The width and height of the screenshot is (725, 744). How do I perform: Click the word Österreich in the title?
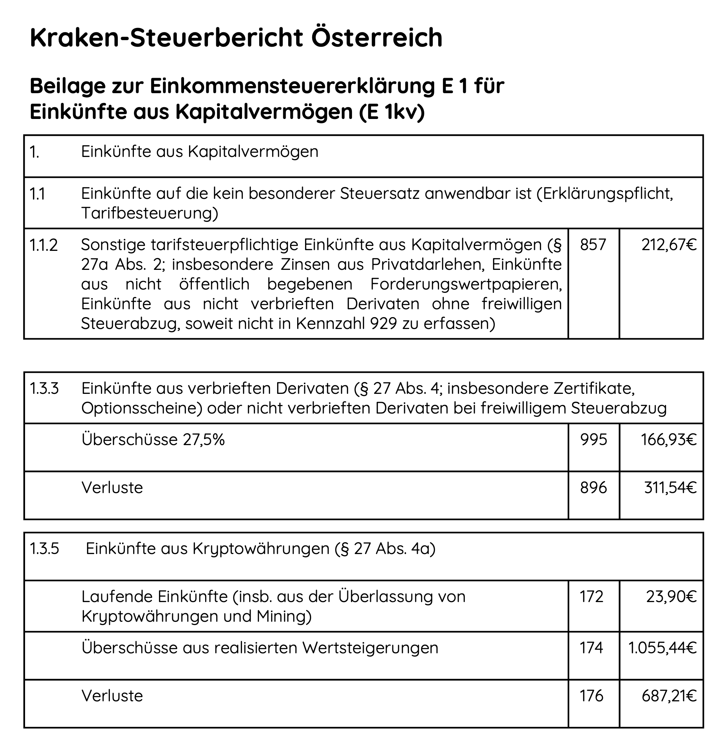pos(377,37)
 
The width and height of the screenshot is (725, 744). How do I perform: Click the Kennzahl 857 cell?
pos(593,245)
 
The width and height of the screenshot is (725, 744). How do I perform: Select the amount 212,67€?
pos(669,245)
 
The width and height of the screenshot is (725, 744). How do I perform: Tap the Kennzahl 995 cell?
pos(593,439)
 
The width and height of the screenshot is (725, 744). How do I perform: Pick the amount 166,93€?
pos(669,439)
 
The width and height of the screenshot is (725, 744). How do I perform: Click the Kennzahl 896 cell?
pos(593,487)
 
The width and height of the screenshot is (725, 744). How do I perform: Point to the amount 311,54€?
pos(670,487)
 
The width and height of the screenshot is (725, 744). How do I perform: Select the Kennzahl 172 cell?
pos(591,596)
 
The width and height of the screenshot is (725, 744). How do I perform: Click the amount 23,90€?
pos(671,596)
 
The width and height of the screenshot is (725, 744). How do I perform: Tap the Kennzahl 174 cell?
pos(591,648)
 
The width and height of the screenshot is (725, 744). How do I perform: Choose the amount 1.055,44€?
pos(663,648)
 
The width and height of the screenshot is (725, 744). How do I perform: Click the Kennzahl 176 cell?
pos(591,696)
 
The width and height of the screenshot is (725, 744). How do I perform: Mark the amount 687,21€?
pos(669,696)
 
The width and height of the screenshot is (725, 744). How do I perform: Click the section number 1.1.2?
pos(43,245)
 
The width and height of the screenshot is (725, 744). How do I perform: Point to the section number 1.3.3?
pos(44,388)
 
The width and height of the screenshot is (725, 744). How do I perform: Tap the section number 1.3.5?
pos(44,548)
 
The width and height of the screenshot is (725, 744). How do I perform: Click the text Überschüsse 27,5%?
pos(153,439)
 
